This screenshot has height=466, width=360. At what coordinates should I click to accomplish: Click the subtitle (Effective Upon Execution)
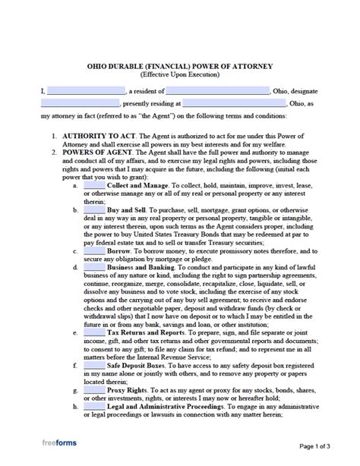tap(179, 76)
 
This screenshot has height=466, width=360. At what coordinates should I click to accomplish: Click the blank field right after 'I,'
tap(86, 91)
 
